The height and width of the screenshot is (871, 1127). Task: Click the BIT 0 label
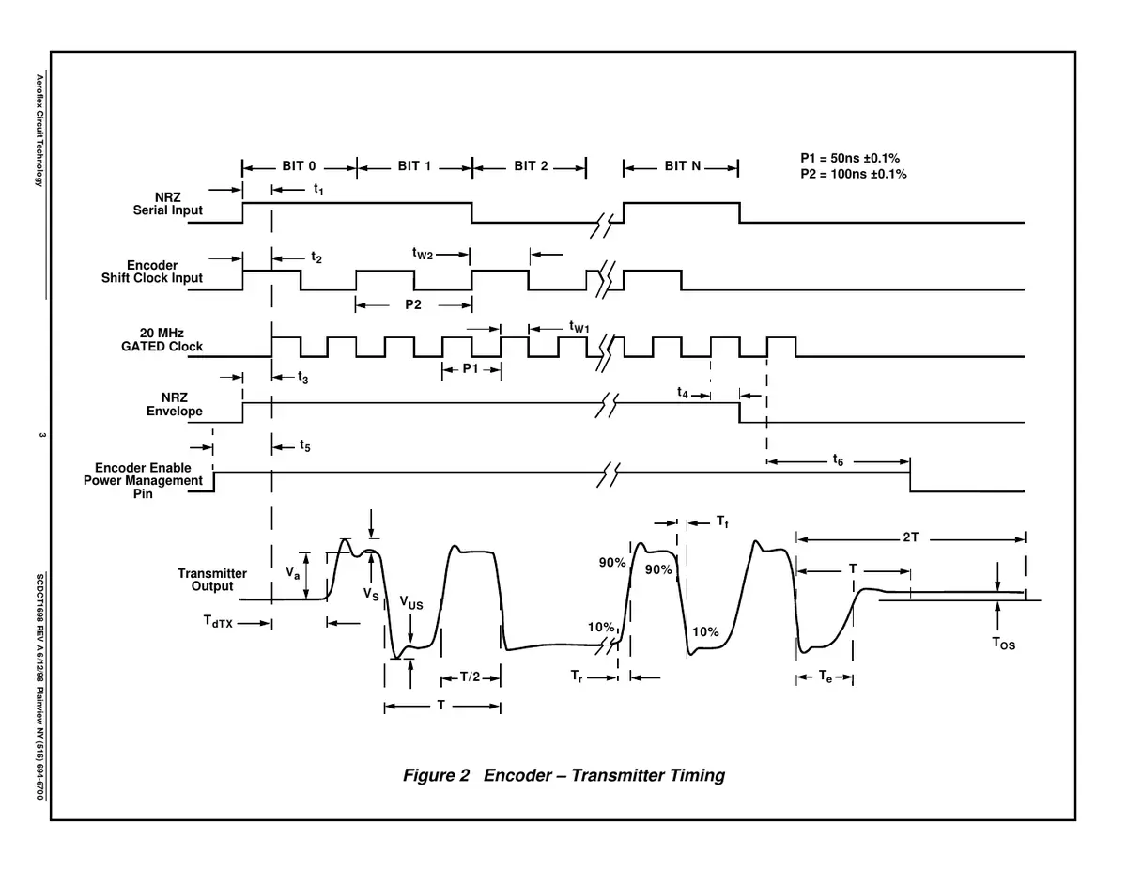[299, 166]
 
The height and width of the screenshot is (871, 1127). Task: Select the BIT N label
[683, 166]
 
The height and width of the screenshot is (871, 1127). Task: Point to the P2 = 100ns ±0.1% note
[853, 174]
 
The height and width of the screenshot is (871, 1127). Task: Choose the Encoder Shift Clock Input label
[152, 272]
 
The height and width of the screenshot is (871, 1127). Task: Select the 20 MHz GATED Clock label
[158, 340]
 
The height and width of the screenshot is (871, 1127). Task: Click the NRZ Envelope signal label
[175, 404]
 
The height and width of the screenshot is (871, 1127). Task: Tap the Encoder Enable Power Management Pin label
[143, 480]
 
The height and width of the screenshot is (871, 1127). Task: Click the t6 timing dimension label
[838, 460]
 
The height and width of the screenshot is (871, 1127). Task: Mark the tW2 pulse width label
[422, 254]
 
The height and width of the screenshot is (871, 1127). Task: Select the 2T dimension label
[910, 537]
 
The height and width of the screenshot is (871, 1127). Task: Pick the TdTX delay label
[217, 622]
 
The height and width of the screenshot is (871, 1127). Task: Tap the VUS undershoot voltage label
[410, 604]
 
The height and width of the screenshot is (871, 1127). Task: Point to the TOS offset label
[1003, 644]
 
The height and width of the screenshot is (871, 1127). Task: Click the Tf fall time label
[721, 521]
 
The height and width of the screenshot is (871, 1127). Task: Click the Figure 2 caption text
[563, 775]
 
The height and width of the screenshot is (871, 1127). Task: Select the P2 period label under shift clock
[413, 303]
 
